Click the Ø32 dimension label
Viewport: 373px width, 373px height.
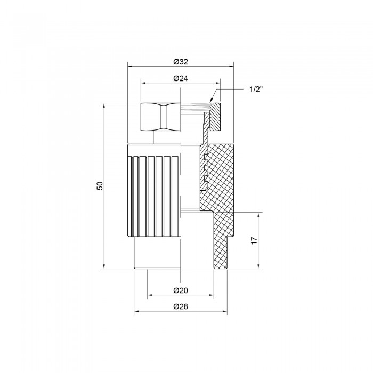181,62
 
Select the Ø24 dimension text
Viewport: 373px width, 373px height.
181,78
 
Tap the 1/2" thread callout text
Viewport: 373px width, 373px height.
256,90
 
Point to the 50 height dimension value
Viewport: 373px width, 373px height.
100,185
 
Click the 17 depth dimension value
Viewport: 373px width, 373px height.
254,240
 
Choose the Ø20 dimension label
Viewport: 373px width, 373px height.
181,290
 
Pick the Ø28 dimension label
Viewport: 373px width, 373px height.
181,306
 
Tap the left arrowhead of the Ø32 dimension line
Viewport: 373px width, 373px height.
131,67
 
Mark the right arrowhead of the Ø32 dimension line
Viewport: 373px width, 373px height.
231,67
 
